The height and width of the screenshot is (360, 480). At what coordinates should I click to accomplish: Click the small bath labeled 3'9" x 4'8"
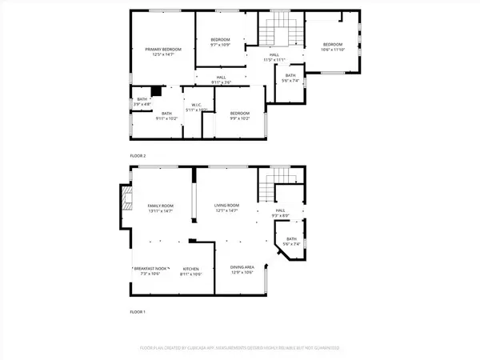pyautogui.click(x=142, y=102)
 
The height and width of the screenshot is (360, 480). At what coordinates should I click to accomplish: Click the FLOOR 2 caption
pyautogui.click(x=138, y=155)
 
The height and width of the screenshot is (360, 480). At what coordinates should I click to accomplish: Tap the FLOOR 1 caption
pyautogui.click(x=138, y=311)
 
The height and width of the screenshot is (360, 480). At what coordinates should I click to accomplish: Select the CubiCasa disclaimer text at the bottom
pyautogui.click(x=240, y=349)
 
